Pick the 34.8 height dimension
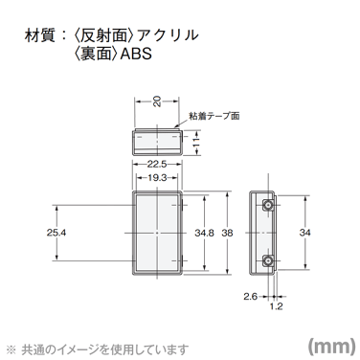click(203, 232)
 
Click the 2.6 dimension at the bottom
click(248, 296)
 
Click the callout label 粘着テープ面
click(215, 115)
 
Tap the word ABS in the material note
click(136, 56)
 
